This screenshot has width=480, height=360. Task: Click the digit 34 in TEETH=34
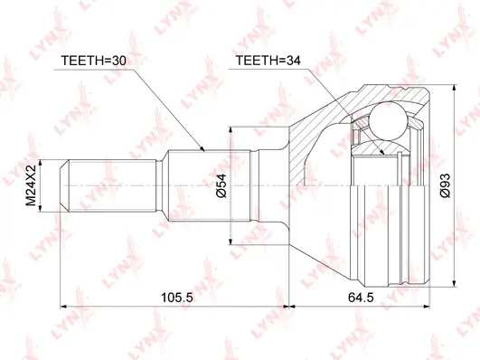289,62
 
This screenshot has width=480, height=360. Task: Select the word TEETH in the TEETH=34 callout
256,62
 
